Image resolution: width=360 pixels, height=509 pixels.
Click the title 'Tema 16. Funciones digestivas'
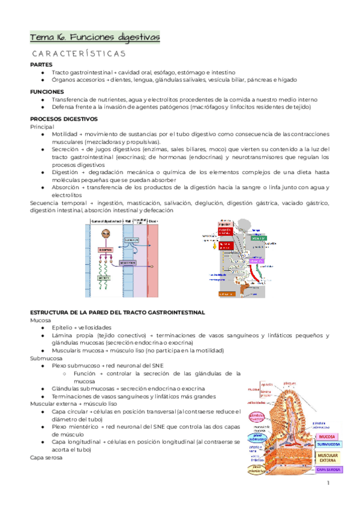[95, 38]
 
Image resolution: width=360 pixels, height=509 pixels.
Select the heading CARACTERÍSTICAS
[77, 53]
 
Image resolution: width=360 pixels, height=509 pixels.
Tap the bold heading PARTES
[41, 64]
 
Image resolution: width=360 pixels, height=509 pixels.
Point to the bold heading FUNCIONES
[47, 91]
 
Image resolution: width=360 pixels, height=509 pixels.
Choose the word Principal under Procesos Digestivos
[42, 127]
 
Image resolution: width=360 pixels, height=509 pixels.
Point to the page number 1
[329, 484]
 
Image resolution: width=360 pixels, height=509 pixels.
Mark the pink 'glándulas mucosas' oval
[259, 417]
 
